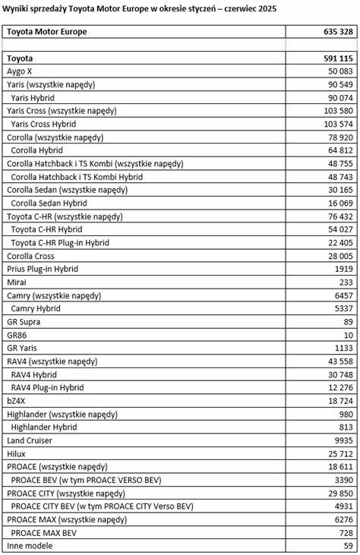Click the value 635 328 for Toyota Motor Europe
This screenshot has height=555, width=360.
pyautogui.click(x=337, y=32)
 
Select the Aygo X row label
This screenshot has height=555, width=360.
pyautogui.click(x=20, y=71)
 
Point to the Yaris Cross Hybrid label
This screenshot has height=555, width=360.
pyautogui.click(x=43, y=124)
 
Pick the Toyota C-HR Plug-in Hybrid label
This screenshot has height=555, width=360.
pyautogui.click(x=60, y=243)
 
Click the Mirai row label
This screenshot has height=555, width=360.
pyautogui.click(x=17, y=282)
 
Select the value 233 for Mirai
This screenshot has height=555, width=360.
pyautogui.click(x=346, y=282)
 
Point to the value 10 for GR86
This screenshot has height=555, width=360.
pyautogui.click(x=349, y=335)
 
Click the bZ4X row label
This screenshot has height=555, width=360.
pyautogui.click(x=18, y=401)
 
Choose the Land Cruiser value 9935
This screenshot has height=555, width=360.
pyautogui.click(x=344, y=440)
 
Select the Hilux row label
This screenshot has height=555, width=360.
pyautogui.click(x=17, y=454)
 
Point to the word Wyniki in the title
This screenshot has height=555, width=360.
pyautogui.click(x=16, y=8)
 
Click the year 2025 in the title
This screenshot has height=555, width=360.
pyautogui.click(x=267, y=8)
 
